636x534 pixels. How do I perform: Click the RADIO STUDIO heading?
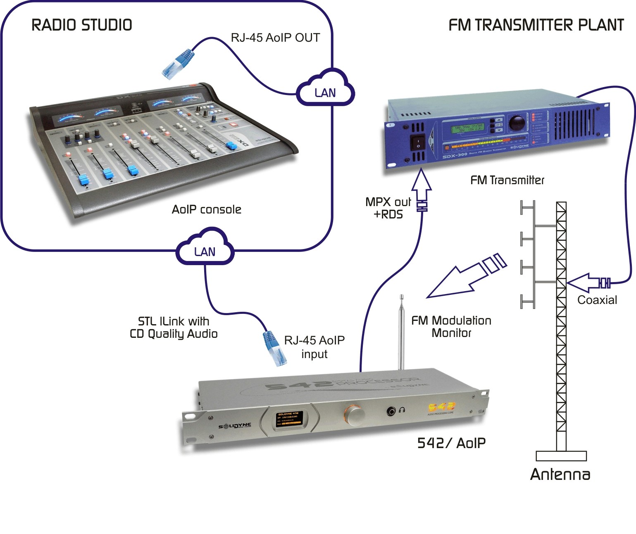(x=82, y=25)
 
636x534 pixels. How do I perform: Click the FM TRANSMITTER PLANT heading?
(x=536, y=25)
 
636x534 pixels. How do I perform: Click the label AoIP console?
(x=206, y=209)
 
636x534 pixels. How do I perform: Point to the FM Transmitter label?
(x=507, y=180)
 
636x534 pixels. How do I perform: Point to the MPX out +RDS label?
(x=388, y=208)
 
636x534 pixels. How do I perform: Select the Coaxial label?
(x=597, y=300)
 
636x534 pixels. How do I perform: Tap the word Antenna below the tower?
(x=560, y=474)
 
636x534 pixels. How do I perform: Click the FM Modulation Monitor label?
(x=451, y=326)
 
